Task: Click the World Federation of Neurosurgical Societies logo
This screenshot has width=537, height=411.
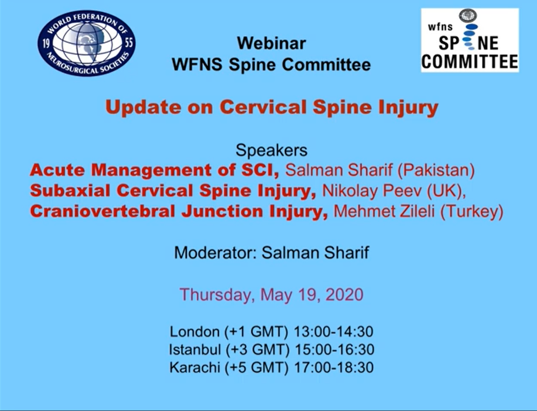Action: [x=86, y=43]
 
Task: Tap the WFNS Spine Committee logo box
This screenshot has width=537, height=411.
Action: [x=470, y=40]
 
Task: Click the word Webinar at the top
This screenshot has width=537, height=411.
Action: [x=272, y=43]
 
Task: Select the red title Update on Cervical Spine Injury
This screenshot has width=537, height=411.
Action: [x=272, y=108]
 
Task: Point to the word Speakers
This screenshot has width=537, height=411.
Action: [x=272, y=150]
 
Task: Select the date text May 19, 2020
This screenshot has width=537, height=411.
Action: [x=312, y=295]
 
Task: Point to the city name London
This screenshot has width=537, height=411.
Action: [x=195, y=332]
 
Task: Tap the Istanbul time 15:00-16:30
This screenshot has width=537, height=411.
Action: [x=335, y=350]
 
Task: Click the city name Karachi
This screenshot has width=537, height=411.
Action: [x=195, y=368]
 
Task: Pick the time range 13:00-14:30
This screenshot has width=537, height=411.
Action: [x=334, y=332]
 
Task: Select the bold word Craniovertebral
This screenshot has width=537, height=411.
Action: [x=102, y=211]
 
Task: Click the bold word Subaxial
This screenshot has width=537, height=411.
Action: [x=70, y=191]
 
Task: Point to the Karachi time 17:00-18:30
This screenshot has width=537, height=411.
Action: [x=334, y=368]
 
